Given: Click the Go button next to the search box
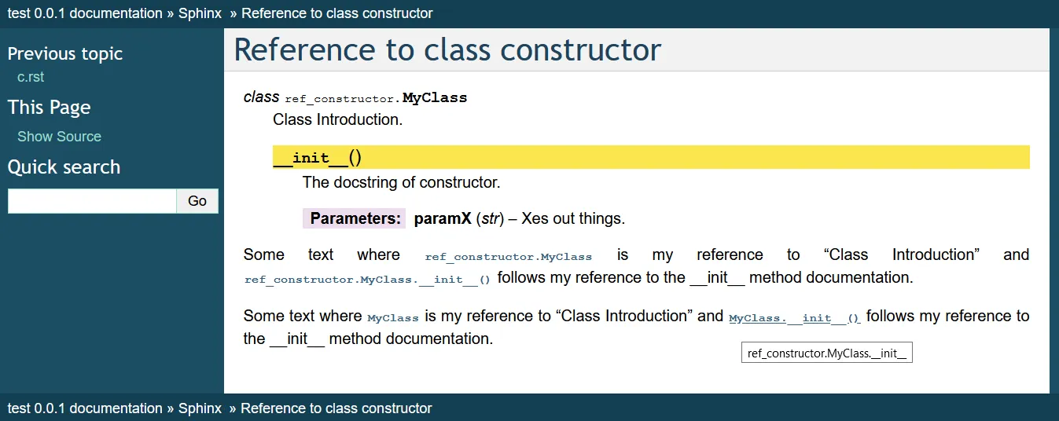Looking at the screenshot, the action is coord(197,201).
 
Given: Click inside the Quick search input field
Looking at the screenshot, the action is coord(92,201).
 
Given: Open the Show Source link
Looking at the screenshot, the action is coord(59,137).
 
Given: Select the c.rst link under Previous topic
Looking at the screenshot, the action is coord(31,77).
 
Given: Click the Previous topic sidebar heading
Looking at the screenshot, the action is coord(64,54).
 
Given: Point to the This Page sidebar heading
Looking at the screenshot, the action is coord(50,108).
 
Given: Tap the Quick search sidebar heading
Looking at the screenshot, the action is coord(64,167).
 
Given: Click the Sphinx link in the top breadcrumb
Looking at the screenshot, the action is coord(200,13).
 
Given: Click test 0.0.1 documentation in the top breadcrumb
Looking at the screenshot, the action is coord(85,13).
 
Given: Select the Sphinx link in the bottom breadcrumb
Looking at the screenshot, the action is coord(200,408).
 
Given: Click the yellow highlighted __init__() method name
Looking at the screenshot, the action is coord(317,157).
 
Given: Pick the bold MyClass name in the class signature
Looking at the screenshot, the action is coord(435,98).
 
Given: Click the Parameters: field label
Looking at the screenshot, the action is coord(355,218).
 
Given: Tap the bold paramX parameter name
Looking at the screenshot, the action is coord(443,218).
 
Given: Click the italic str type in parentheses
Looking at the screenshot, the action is coord(491,218).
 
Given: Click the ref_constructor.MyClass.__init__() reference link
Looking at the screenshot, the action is coord(367,280).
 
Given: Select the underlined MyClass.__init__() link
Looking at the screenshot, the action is coord(795,318).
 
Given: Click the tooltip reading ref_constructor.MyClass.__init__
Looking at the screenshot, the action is coord(827,353).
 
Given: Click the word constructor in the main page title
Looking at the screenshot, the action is coord(580,50).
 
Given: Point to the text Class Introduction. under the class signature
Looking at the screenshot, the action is coord(337,119).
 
